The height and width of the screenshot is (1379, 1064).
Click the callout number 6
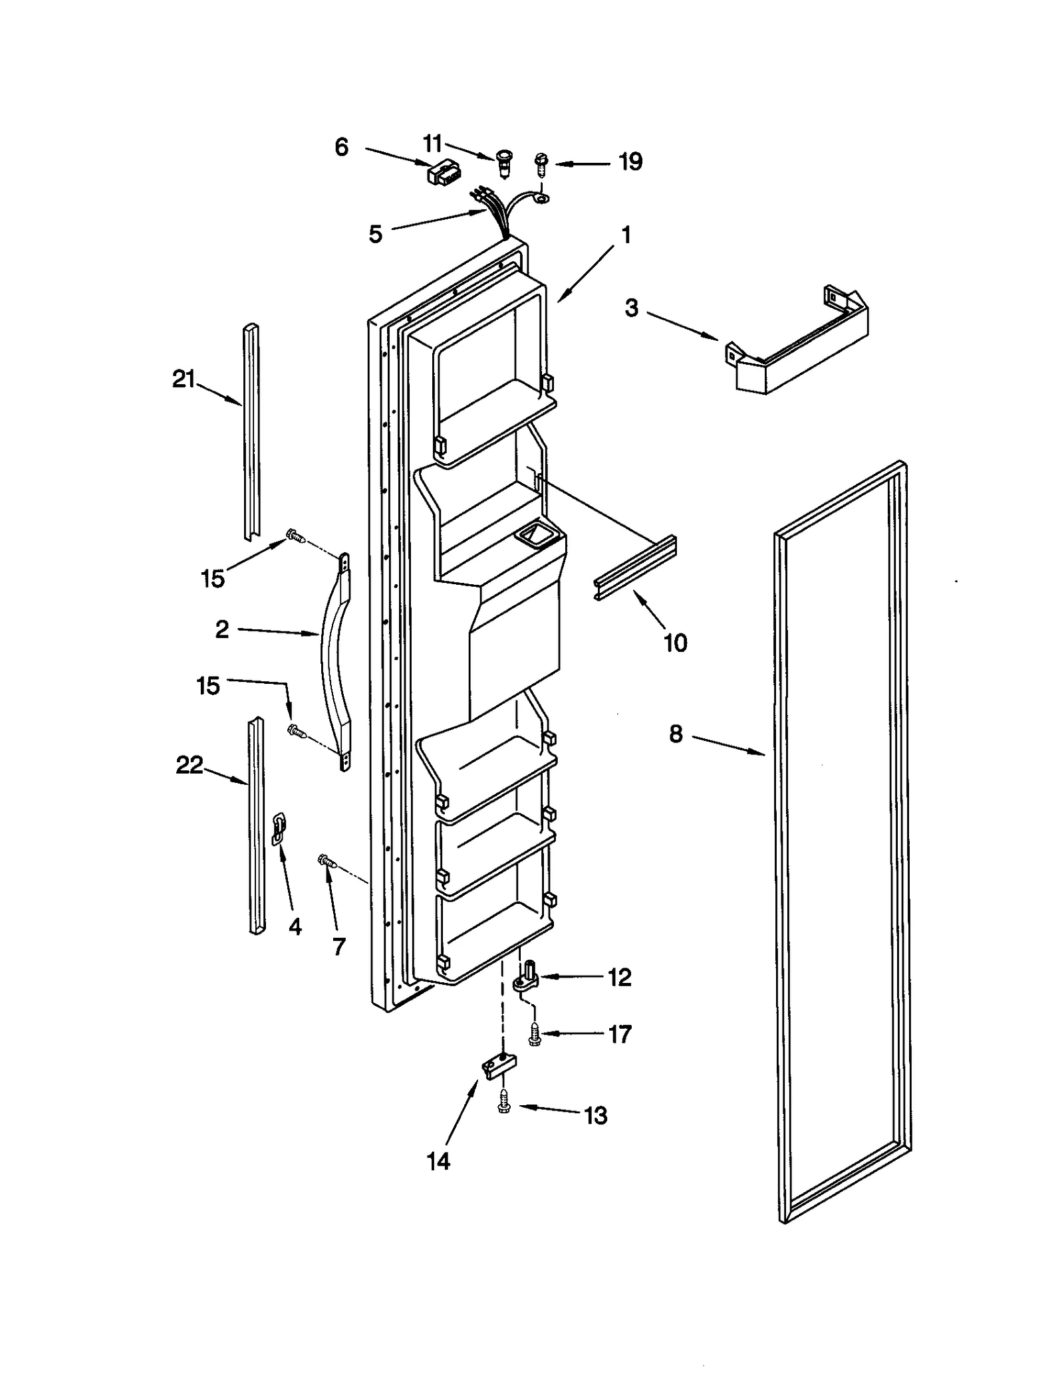[341, 147]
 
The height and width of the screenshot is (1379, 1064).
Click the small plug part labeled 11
[505, 162]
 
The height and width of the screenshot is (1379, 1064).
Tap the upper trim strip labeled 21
[251, 432]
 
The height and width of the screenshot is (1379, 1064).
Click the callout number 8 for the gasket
[675, 734]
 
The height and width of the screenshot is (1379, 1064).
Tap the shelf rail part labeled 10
[635, 568]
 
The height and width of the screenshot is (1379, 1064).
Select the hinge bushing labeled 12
[529, 979]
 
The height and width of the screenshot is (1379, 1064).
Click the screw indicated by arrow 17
[534, 1034]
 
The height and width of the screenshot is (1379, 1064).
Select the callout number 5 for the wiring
[376, 234]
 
